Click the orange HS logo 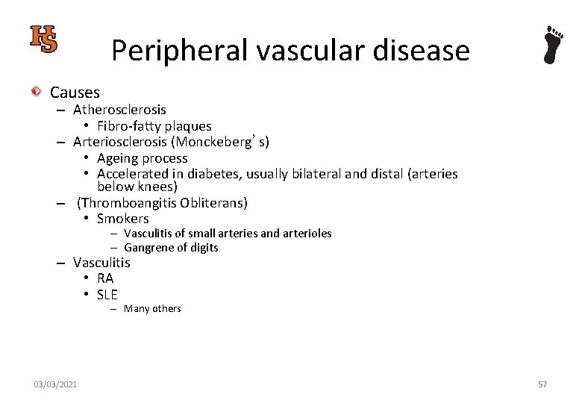tap(43, 39)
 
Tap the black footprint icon tap(553, 45)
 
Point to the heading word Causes tap(75, 93)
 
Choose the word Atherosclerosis tap(119, 110)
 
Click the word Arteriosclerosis tap(122, 141)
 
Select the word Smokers tap(123, 219)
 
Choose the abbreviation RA tap(105, 278)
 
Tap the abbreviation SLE tap(107, 294)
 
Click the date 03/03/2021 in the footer tap(55, 384)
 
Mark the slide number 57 tap(542, 384)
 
